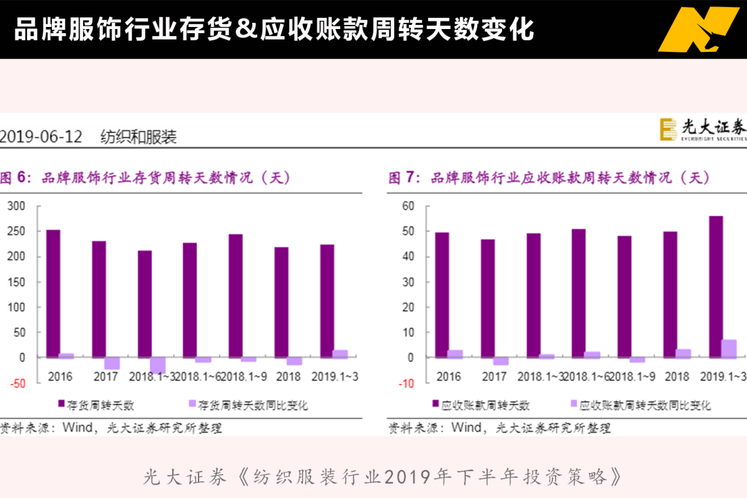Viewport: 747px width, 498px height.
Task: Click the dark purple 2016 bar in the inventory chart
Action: tap(53, 293)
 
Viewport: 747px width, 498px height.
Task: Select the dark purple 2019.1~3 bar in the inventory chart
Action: tap(327, 301)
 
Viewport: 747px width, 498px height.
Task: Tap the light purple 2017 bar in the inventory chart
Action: tap(112, 363)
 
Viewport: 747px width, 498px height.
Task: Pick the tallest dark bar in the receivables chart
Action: tap(716, 286)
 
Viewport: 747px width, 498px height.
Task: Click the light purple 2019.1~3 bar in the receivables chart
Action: tap(729, 349)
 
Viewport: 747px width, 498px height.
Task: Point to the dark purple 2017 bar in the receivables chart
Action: tap(488, 298)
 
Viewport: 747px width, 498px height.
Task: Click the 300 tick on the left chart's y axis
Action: tap(17, 205)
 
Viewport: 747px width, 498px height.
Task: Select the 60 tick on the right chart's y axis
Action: tap(407, 205)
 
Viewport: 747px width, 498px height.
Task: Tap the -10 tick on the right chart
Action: tap(406, 383)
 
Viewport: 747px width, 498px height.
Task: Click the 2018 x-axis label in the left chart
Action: tap(288, 377)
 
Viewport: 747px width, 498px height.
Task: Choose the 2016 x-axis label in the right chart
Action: tap(449, 377)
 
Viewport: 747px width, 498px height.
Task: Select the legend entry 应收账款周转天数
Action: tap(480, 405)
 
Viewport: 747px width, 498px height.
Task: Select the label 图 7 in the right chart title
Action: tap(405, 178)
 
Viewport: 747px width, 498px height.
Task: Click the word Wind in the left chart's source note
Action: tap(77, 427)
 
